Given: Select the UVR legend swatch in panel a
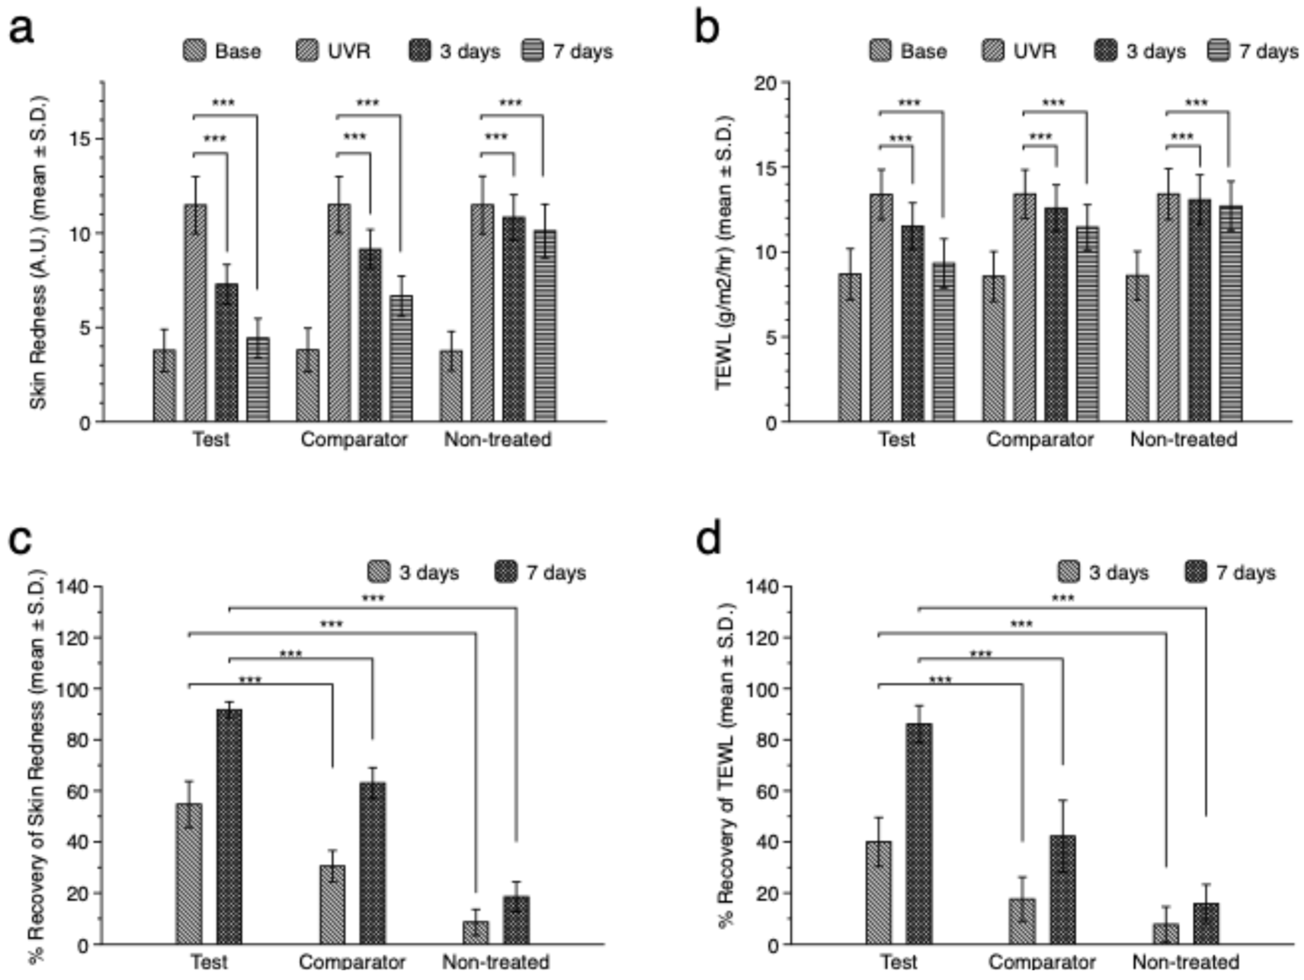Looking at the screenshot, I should [307, 51].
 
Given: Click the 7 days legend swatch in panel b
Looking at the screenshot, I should [1218, 51].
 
